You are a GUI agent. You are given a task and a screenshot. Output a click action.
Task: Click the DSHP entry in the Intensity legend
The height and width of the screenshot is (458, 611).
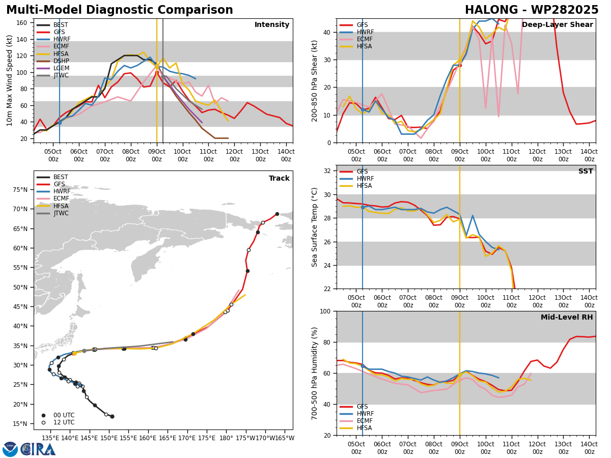[61, 61]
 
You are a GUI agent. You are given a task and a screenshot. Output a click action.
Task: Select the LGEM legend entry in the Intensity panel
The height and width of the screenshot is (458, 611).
[61, 68]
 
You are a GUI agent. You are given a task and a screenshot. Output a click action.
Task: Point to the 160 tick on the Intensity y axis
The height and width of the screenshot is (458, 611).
[21, 23]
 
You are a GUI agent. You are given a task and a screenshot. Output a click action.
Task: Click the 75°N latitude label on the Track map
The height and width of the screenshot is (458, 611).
[20, 190]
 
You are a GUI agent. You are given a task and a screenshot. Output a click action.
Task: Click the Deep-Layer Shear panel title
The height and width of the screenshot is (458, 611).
[557, 25]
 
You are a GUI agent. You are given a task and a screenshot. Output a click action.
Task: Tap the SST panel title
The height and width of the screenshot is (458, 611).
[586, 171]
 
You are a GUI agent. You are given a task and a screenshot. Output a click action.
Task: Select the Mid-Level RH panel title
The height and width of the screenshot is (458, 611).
[567, 317]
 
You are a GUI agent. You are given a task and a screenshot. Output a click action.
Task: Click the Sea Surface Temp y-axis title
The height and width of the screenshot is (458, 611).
[314, 227]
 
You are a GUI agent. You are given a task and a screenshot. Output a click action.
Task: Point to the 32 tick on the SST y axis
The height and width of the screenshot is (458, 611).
[327, 171]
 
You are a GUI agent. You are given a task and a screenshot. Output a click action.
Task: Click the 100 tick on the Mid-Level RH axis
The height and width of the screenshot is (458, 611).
[325, 311]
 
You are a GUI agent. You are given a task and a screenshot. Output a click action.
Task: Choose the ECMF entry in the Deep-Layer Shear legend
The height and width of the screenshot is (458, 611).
[365, 39]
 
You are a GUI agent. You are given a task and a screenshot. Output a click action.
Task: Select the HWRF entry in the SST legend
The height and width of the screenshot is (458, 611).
[365, 179]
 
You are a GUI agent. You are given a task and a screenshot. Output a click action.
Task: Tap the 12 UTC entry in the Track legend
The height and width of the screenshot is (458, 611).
[64, 422]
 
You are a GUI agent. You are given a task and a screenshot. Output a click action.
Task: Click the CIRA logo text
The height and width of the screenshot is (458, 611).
[38, 449]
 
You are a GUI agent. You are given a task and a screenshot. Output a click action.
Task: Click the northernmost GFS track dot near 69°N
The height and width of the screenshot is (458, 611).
[277, 214]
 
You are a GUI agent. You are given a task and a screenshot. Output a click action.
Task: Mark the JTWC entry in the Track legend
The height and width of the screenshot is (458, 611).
[61, 213]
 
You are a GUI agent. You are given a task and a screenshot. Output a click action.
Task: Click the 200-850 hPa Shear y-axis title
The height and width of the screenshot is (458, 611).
[314, 81]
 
